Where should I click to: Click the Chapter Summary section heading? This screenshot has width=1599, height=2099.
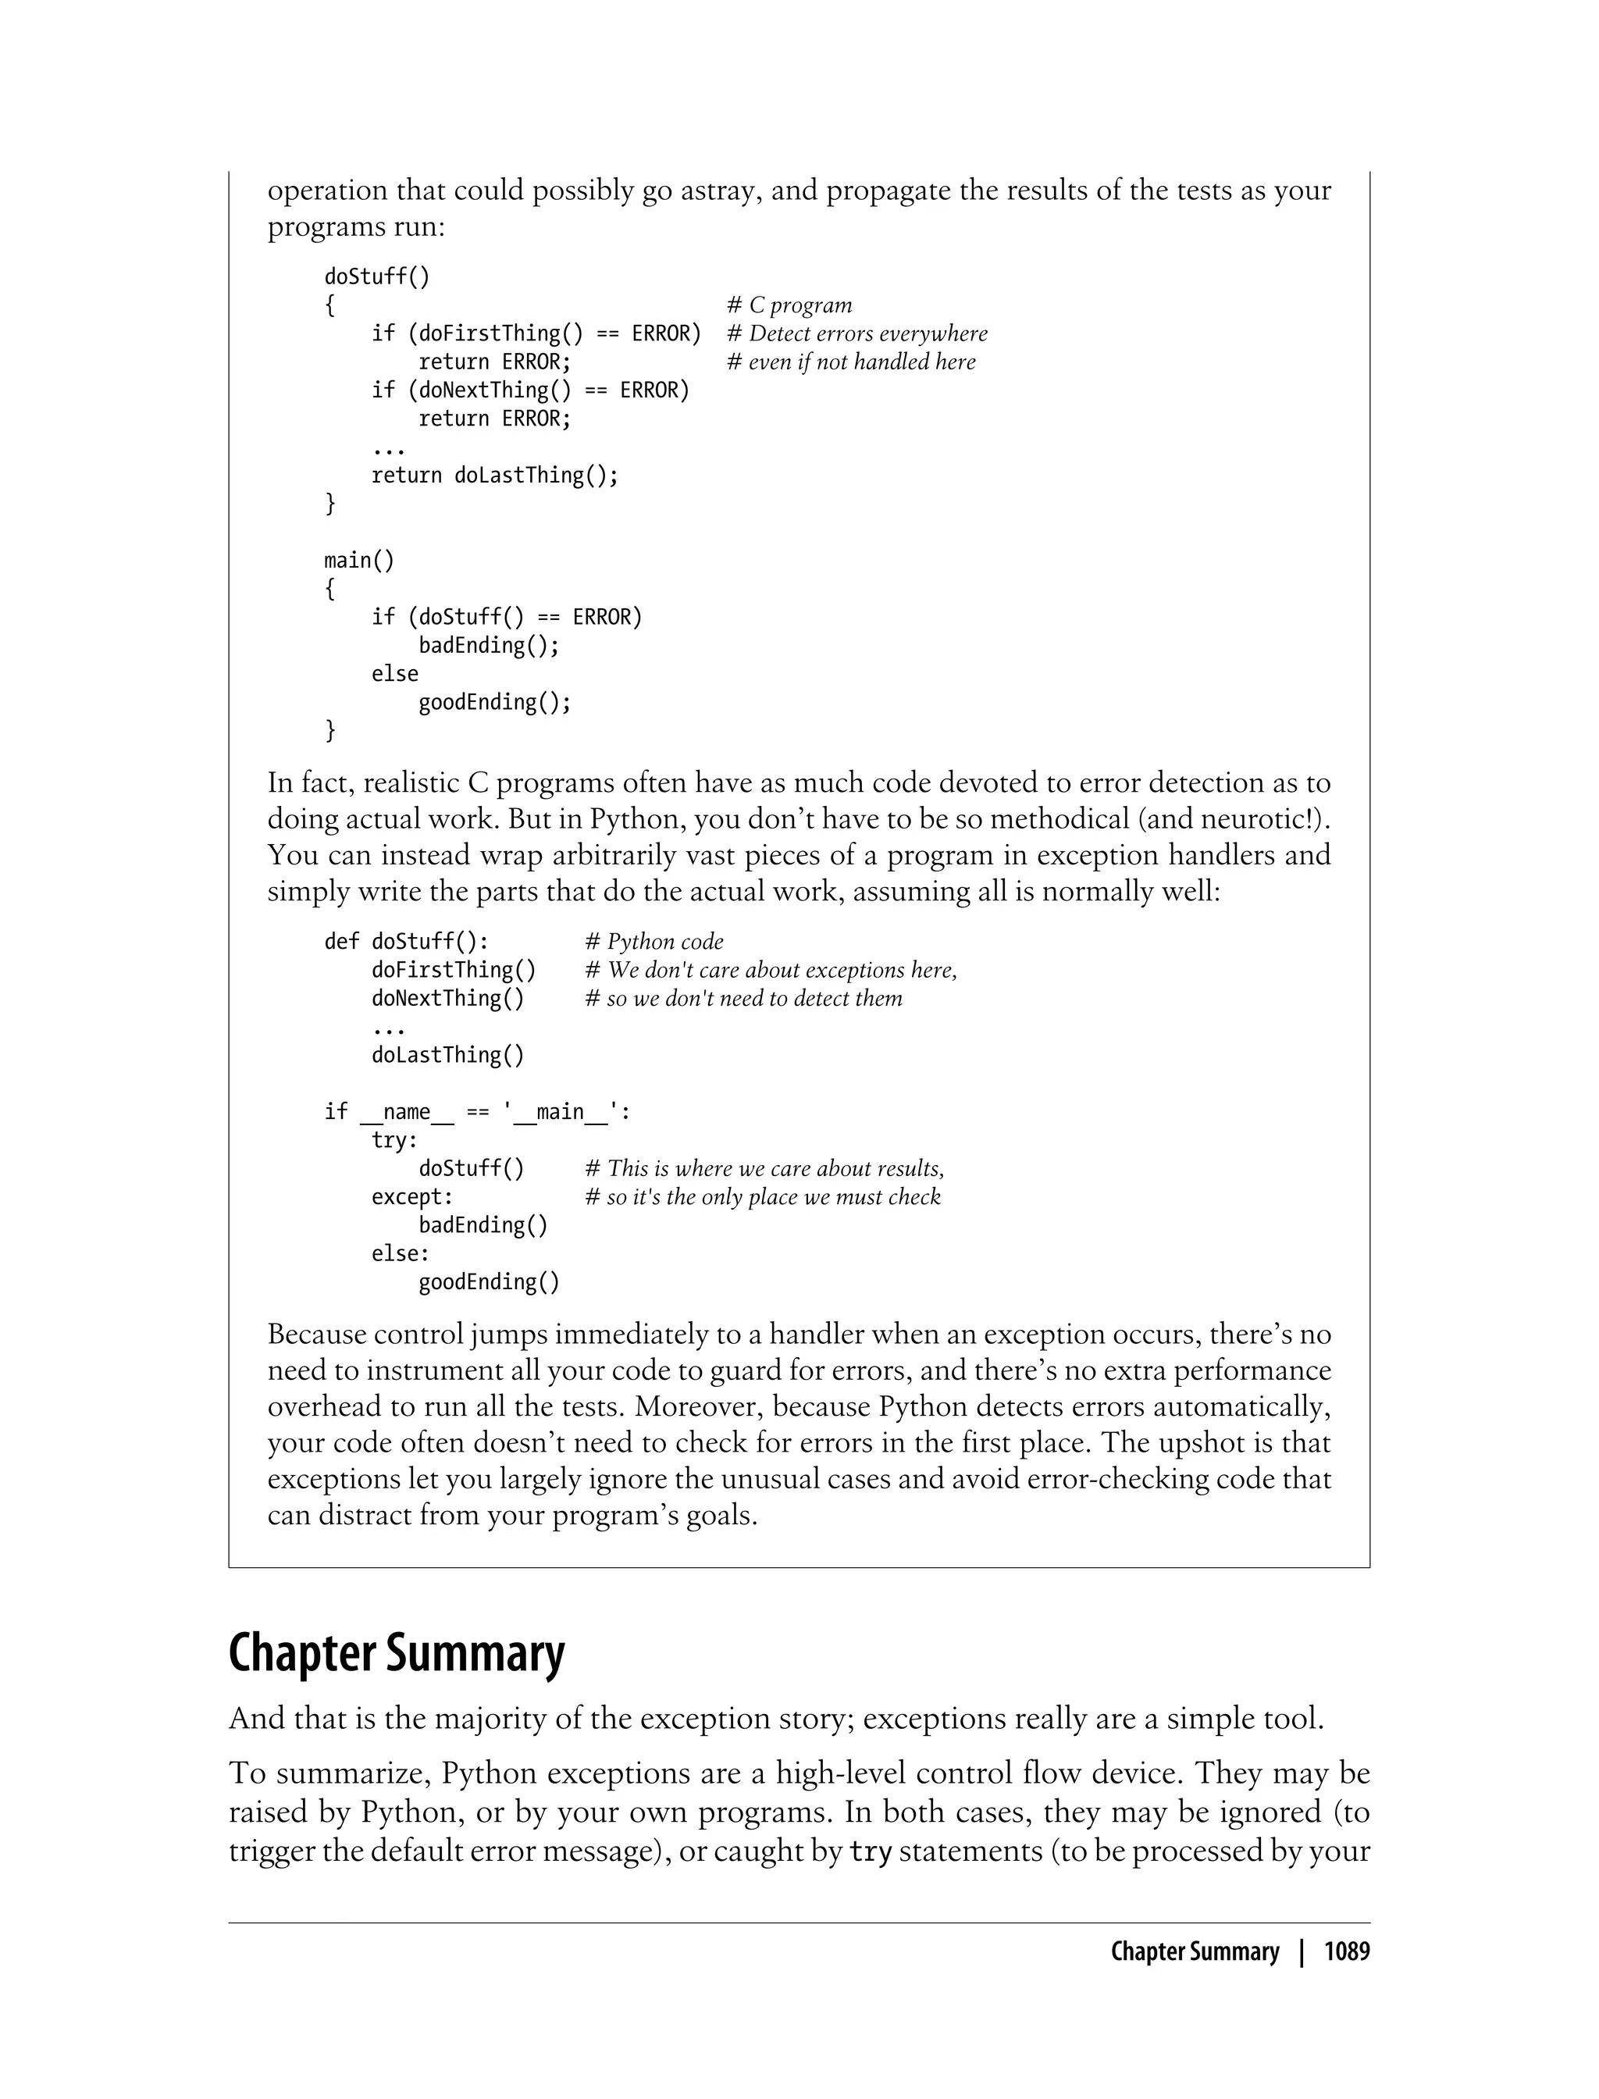(396, 1653)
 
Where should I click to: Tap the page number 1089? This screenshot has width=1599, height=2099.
(1346, 1952)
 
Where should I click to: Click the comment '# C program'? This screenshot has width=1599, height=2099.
(789, 305)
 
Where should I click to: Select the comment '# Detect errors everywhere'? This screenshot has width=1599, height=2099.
(856, 334)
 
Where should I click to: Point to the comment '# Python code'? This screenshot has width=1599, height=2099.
(653, 942)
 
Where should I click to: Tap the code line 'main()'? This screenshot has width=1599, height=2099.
(359, 560)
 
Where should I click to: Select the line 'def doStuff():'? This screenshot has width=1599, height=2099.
(407, 942)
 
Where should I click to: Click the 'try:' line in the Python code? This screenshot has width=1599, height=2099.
(394, 1140)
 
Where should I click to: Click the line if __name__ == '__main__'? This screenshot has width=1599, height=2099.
(477, 1112)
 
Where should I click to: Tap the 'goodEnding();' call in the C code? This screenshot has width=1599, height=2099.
(495, 703)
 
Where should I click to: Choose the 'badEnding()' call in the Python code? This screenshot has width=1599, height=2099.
(483, 1225)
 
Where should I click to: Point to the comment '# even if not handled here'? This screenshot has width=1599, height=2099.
(851, 362)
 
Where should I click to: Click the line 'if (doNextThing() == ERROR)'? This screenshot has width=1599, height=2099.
(530, 390)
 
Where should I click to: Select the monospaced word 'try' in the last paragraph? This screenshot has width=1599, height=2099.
(869, 1852)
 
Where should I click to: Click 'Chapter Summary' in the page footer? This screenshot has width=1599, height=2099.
(1195, 1952)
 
